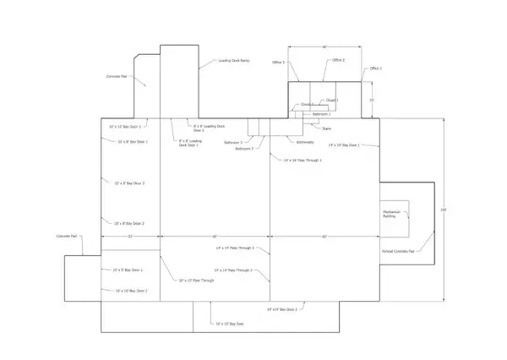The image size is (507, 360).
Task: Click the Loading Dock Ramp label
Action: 234,62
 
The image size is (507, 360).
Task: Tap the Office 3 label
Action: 278,63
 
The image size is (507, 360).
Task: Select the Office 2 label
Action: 339,60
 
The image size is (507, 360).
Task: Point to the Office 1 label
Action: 376,68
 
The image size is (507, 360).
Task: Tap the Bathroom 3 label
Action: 233,142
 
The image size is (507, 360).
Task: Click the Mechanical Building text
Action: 390,215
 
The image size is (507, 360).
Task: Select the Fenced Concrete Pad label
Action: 398,252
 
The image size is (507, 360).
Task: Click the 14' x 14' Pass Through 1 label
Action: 303,160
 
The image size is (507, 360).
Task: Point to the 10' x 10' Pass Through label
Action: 197,280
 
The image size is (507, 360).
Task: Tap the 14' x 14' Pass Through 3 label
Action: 235,270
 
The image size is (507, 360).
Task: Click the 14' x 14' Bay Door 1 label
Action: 344,145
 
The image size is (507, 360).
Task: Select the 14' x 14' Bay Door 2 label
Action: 283,310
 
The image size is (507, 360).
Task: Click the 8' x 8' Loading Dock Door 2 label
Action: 210,128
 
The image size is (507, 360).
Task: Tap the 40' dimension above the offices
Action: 324,47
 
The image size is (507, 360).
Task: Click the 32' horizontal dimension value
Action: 130,237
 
